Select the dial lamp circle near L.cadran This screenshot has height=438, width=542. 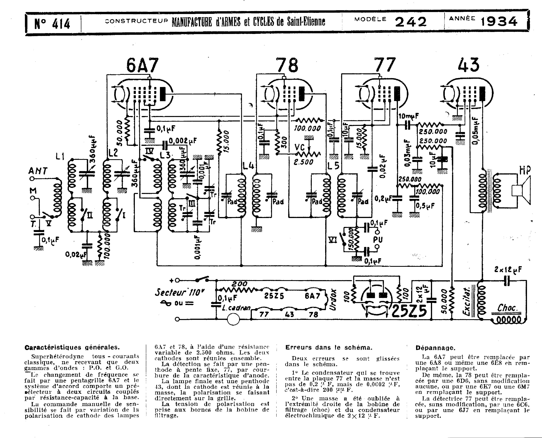(x=233, y=319)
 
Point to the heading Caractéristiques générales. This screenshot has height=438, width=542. (x=72, y=347)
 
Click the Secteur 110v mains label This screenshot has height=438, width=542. (x=179, y=292)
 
